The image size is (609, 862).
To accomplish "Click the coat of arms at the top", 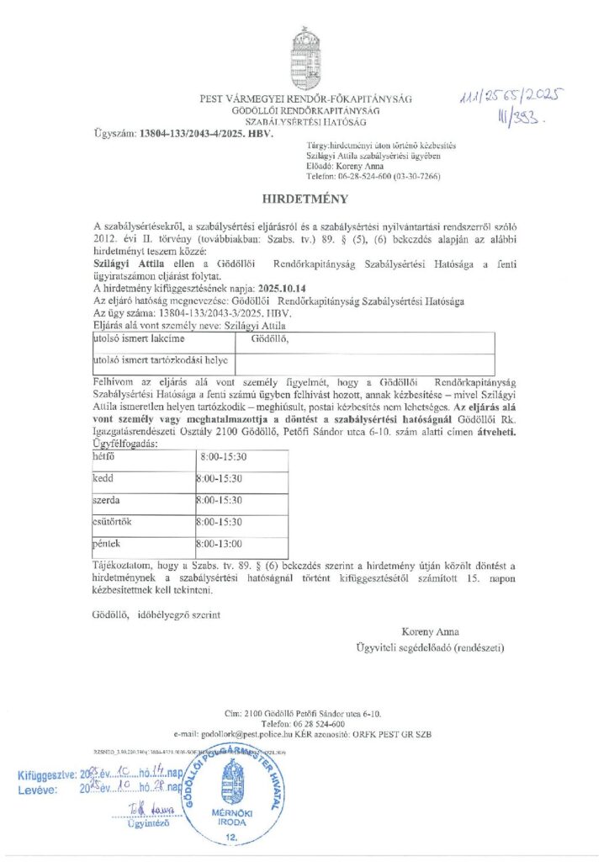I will (304, 55).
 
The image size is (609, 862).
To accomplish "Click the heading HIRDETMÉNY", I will (304, 200).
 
